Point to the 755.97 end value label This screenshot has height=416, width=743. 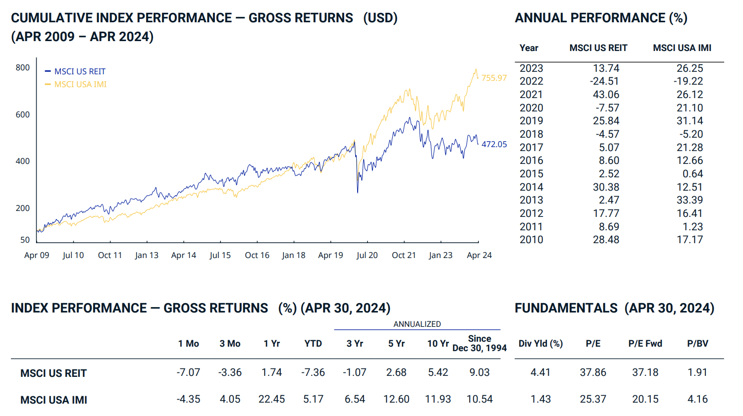[x=494, y=78]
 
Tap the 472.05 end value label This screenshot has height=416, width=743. [x=494, y=144]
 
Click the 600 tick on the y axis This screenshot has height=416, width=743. [x=23, y=114]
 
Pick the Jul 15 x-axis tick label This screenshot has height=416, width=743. [x=220, y=255]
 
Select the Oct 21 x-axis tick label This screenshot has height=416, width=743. [x=404, y=255]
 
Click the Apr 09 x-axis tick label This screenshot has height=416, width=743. [x=37, y=255]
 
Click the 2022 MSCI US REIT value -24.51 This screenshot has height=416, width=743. [x=604, y=81]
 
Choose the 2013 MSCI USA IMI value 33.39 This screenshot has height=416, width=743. [x=690, y=200]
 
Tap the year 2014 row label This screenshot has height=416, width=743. [x=531, y=187]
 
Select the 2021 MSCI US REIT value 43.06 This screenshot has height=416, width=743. [x=606, y=95]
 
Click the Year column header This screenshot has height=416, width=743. [x=529, y=48]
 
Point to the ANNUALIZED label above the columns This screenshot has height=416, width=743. [x=417, y=324]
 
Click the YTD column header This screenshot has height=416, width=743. [x=313, y=344]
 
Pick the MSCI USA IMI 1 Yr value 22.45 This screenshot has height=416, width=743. [x=271, y=399]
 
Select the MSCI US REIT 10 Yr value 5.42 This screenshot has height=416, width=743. [x=438, y=372]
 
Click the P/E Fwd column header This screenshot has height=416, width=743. [x=645, y=344]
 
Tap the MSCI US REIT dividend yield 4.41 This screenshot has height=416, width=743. [x=540, y=372]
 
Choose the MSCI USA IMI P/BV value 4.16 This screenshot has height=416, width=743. [x=697, y=399]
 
